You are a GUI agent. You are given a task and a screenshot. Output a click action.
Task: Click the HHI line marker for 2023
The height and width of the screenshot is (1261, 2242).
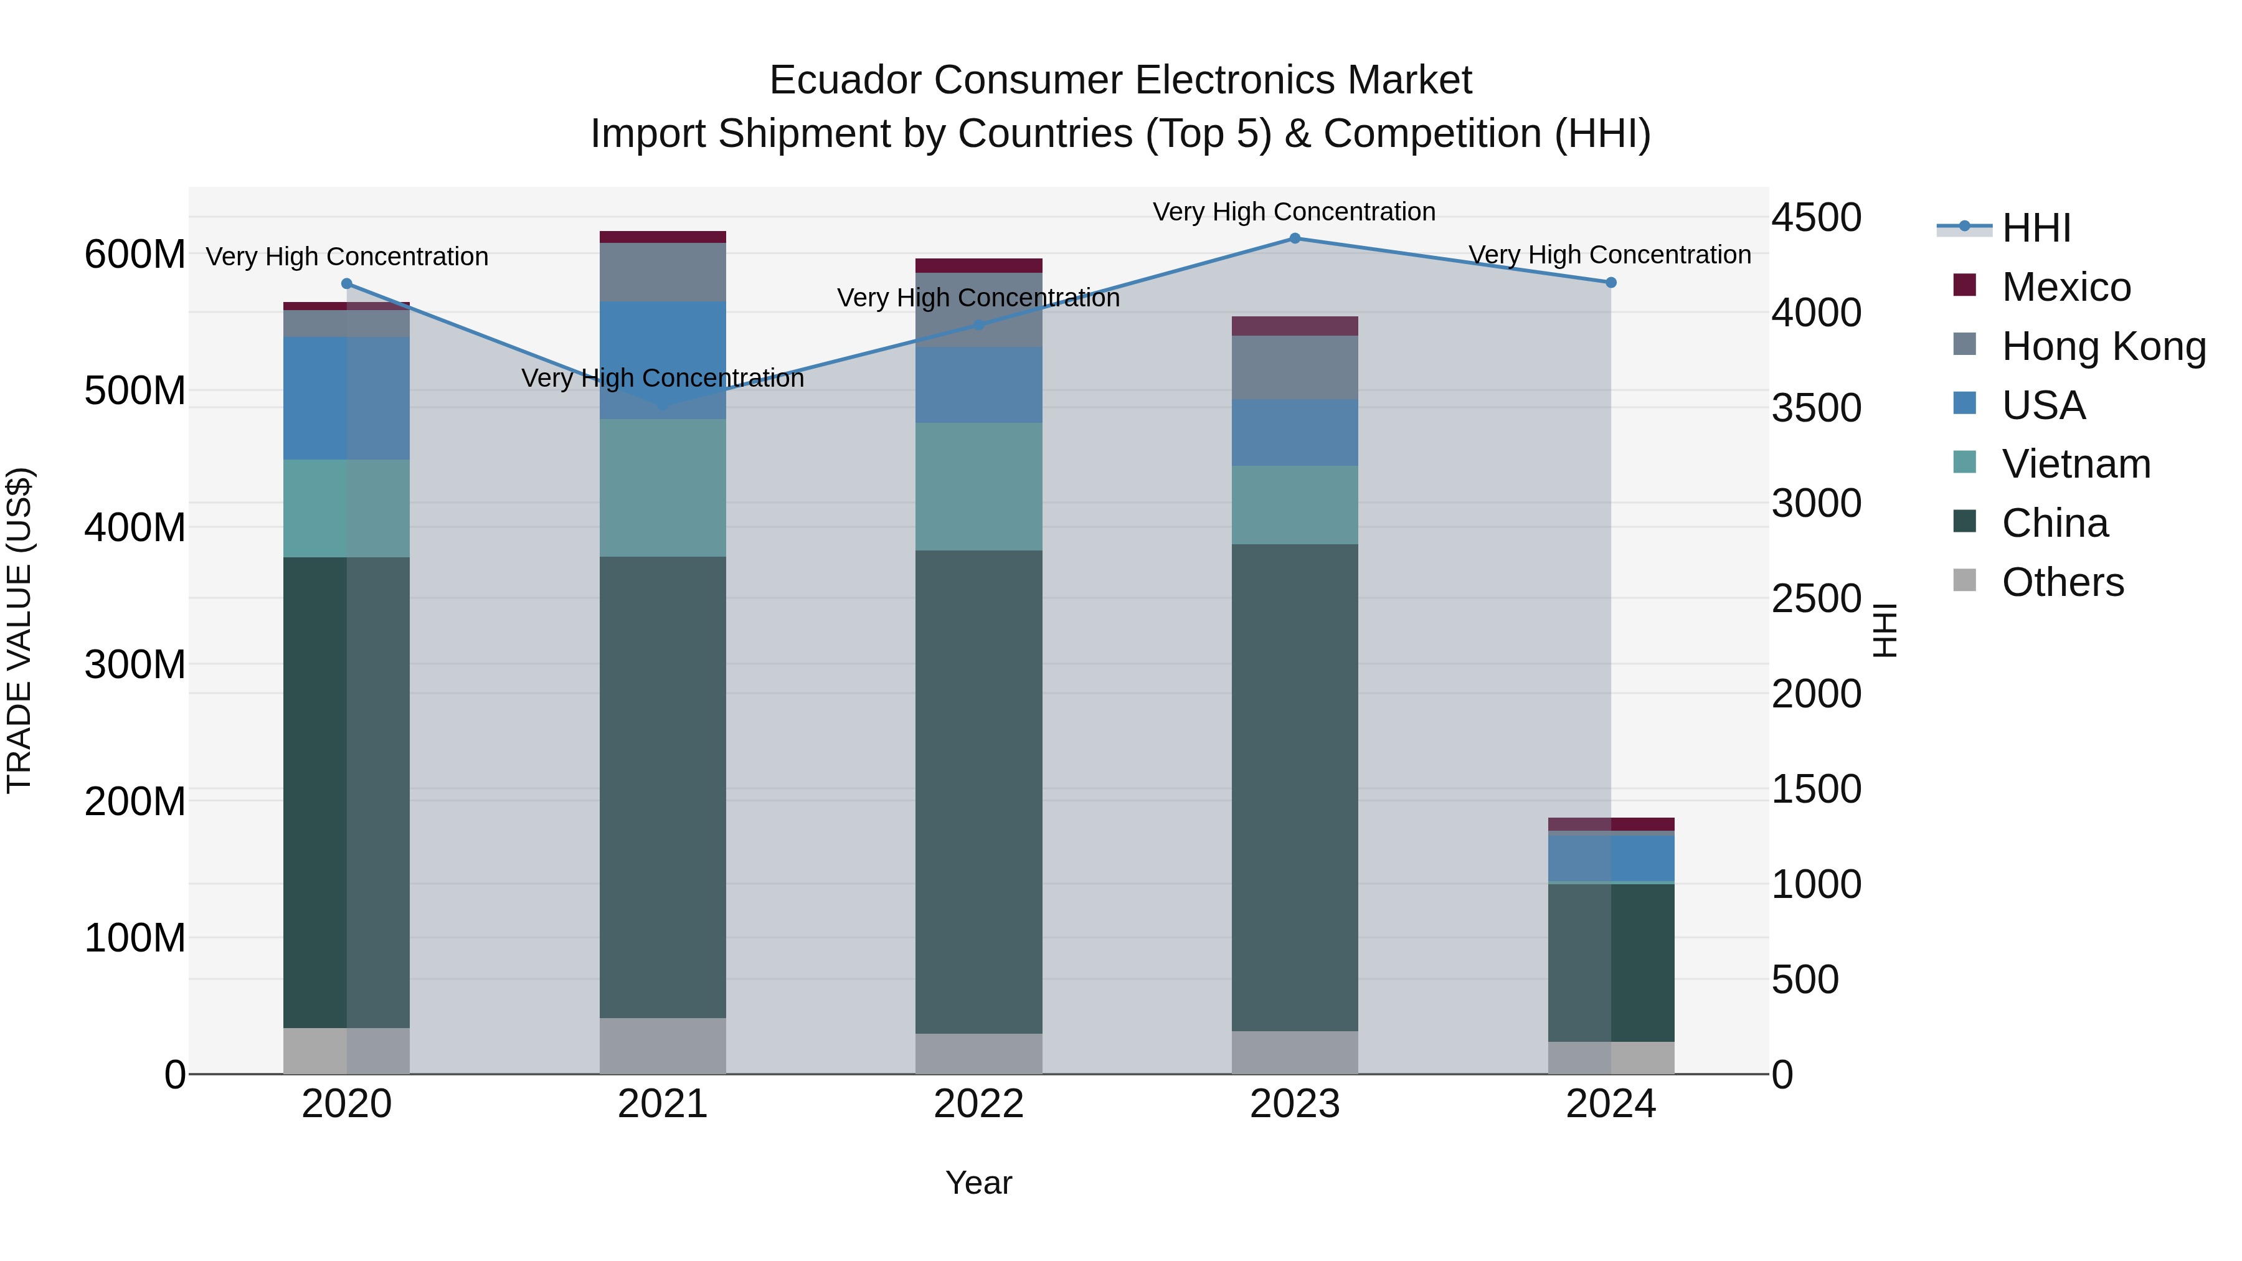[x=1294, y=239]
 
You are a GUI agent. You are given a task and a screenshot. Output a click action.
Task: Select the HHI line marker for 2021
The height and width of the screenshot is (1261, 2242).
[x=663, y=405]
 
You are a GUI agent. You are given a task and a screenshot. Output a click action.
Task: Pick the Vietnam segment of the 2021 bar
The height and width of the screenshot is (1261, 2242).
[x=663, y=488]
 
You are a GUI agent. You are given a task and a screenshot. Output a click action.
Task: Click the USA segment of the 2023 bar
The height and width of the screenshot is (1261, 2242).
[x=1294, y=433]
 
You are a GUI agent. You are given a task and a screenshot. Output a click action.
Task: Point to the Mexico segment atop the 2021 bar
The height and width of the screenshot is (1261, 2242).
[x=663, y=237]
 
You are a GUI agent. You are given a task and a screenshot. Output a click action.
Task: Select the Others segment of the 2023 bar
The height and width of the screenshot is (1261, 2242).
[x=1294, y=1052]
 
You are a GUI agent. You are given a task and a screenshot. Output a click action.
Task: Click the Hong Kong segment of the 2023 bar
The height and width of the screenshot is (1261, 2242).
[x=1294, y=367]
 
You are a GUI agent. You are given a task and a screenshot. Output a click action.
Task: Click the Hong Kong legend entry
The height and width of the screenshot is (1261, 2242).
[x=2102, y=346]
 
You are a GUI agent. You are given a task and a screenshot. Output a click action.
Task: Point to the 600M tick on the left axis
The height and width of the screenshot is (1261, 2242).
[x=134, y=255]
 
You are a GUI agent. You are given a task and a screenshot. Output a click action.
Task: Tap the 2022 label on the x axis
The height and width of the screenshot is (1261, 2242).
[x=978, y=1104]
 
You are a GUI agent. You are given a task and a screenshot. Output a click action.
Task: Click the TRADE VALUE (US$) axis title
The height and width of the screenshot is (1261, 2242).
[x=19, y=630]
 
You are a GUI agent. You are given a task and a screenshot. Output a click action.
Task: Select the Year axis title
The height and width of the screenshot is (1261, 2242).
[x=978, y=1183]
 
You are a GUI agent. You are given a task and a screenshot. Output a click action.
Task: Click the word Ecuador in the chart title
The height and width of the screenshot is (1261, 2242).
[x=845, y=80]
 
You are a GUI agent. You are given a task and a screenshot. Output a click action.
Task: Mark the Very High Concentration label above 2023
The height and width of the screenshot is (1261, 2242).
[x=1294, y=212]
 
